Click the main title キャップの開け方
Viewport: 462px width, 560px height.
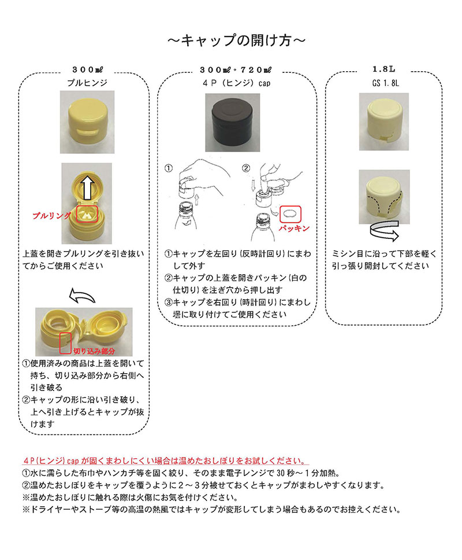(236, 40)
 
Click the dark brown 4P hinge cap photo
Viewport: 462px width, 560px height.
(232, 123)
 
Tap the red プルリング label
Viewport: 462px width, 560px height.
(52, 216)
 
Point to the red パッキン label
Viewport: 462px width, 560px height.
(294, 228)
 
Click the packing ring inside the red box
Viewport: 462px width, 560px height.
(290, 214)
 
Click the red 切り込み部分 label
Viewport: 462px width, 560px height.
(94, 351)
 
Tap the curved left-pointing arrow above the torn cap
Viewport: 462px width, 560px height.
(82, 296)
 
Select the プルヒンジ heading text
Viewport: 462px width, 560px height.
(87, 83)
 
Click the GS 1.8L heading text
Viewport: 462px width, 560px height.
(385, 83)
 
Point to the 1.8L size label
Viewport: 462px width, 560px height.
(384, 69)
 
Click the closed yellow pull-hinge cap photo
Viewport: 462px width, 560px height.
(87, 122)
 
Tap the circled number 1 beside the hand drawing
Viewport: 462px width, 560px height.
(169, 168)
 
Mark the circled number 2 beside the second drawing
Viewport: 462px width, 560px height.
(246, 168)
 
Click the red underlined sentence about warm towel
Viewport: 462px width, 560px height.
(166, 461)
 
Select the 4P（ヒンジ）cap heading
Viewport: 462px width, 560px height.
(236, 83)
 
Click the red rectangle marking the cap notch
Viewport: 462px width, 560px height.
(66, 343)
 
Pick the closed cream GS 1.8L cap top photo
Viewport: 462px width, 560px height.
(384, 122)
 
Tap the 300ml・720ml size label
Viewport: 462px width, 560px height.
(236, 69)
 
